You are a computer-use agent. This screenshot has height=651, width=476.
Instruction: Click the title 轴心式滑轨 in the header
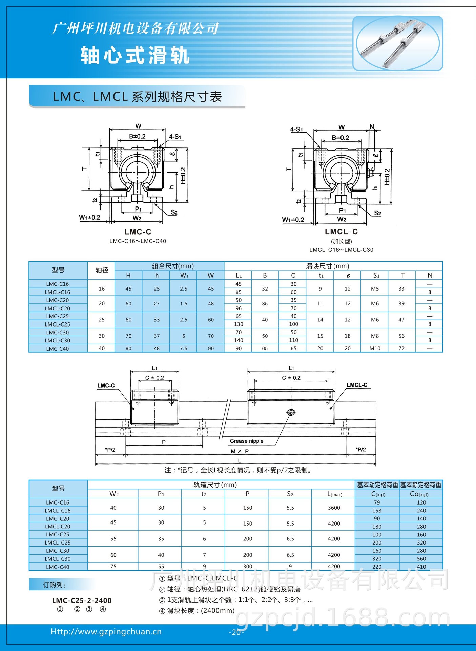coord(135,55)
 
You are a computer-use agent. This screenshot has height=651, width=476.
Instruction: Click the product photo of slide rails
coord(398,43)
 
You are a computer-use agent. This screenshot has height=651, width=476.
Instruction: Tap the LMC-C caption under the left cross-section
coord(138,232)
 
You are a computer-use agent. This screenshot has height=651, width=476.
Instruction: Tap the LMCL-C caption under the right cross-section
coord(341,232)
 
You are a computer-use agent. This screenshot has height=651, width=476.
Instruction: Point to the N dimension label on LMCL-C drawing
coord(372,127)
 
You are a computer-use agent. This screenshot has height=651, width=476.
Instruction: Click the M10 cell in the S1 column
coord(375,348)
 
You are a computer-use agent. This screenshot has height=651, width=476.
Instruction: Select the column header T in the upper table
coord(402,275)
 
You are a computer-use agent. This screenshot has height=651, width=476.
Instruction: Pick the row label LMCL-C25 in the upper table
coord(58,324)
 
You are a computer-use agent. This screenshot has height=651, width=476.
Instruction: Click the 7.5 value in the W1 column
coord(183,348)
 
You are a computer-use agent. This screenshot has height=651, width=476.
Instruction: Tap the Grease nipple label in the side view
coord(246,441)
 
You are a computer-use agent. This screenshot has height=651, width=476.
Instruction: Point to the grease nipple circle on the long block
coord(291,412)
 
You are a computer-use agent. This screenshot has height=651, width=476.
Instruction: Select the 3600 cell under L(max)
coord(334,508)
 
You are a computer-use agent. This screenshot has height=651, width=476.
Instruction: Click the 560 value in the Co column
coord(421,558)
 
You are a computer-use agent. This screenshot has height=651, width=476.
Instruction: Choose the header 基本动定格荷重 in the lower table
coord(377,485)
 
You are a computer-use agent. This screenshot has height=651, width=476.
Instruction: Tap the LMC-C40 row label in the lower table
coord(58,567)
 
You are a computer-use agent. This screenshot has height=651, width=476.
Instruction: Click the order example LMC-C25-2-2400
coord(82,600)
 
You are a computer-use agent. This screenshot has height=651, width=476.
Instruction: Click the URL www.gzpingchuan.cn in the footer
coord(106,632)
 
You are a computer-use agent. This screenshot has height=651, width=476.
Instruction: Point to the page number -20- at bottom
coord(236,632)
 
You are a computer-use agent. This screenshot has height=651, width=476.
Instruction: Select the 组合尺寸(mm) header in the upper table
coord(173,266)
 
